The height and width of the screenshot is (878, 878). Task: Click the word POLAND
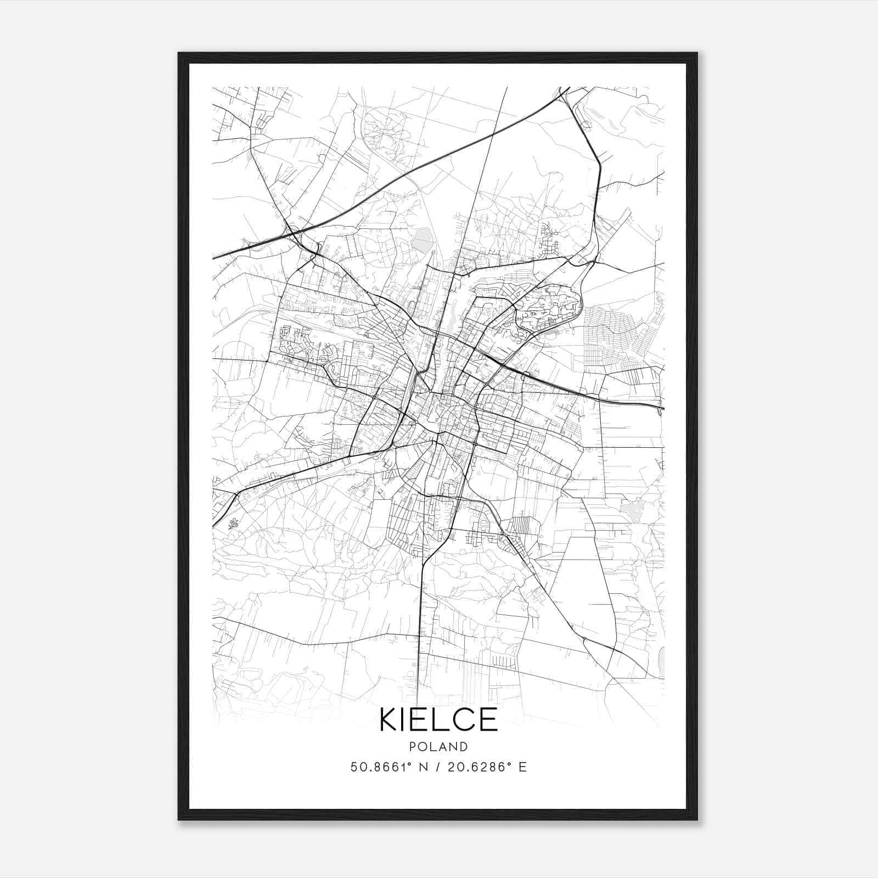coord(438,747)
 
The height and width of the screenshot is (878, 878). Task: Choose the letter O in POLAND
coord(423,747)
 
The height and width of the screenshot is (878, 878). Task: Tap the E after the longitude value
coord(522,767)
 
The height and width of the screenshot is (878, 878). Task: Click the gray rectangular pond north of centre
coord(422,240)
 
